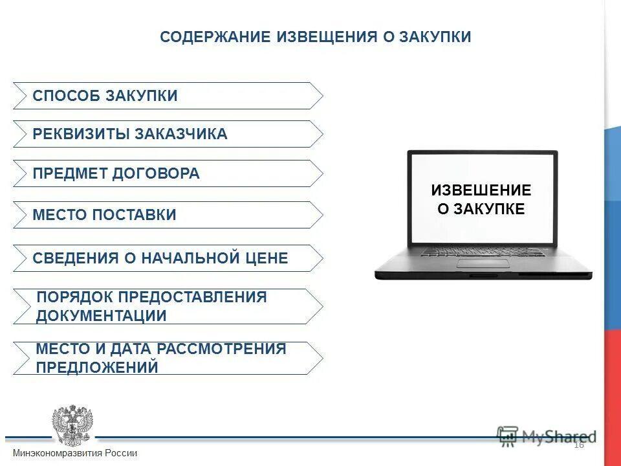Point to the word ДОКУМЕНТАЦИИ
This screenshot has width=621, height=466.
coord(102,316)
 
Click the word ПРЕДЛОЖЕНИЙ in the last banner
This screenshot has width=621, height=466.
coord(97,368)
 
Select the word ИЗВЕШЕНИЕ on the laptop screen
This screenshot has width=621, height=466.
coord(481,190)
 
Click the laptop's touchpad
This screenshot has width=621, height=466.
coord(483,263)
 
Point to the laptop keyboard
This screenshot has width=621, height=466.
coord(483,251)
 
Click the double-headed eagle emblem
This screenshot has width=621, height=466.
coord(72,424)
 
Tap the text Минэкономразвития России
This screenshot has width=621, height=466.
coord(75,453)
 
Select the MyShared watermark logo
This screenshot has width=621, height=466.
coord(547,436)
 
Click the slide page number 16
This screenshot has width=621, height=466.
coord(578,444)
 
